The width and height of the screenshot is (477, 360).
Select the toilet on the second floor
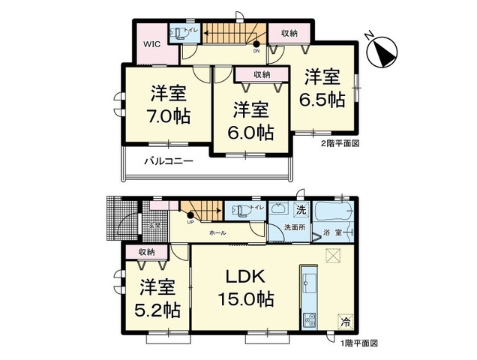179,32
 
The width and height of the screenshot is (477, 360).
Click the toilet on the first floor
239,211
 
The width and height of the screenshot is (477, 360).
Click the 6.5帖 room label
324,88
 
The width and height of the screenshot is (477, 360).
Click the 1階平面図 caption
360,342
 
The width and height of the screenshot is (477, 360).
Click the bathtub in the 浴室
337,211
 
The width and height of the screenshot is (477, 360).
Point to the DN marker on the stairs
256,51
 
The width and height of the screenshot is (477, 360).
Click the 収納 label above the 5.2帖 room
147,253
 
